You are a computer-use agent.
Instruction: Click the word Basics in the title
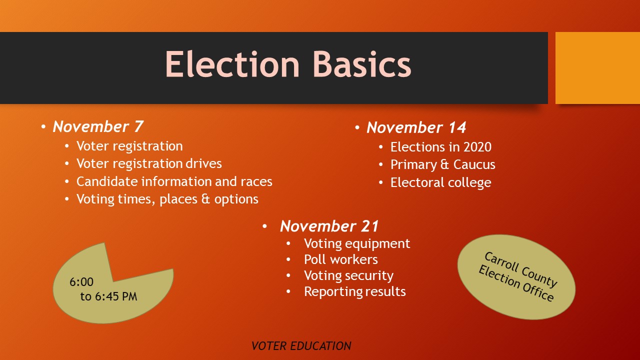tap(362, 64)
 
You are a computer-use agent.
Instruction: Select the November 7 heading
tap(97, 126)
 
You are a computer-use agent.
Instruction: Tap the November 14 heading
tap(416, 127)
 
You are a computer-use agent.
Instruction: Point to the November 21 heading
tap(329, 226)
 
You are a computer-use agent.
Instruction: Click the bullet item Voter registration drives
tap(149, 163)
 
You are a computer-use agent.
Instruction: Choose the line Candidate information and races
tap(174, 181)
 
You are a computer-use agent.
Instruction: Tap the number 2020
tap(477, 147)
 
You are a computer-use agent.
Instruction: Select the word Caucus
tap(474, 164)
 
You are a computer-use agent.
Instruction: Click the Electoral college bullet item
tap(441, 182)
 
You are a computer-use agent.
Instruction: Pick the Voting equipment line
tap(357, 243)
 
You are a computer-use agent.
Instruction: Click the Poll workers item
tap(341, 259)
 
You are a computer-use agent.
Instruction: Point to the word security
tap(367, 275)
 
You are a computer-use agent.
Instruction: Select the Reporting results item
tap(355, 291)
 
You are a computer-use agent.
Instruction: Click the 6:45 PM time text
tap(116, 296)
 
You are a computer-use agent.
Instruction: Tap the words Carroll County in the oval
tap(521, 269)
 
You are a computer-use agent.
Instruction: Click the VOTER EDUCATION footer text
tap(301, 346)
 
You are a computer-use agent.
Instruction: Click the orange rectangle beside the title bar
tap(597, 68)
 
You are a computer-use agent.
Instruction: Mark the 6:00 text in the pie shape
tap(81, 282)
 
